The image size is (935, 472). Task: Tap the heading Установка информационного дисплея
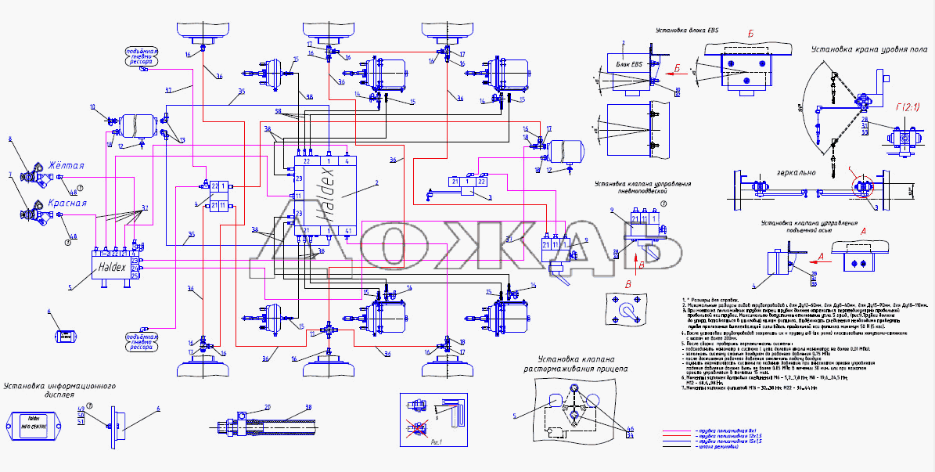[59, 391]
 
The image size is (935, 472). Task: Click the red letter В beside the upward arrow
[642, 265]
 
